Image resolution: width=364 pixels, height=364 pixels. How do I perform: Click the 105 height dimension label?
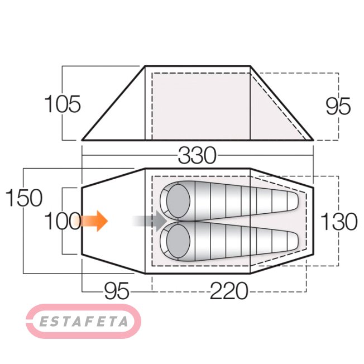[x=62, y=104]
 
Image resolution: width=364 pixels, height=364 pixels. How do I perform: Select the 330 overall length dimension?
[x=197, y=155]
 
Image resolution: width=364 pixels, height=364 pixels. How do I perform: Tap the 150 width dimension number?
[x=24, y=198]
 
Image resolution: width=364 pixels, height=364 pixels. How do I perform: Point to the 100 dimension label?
[x=62, y=221]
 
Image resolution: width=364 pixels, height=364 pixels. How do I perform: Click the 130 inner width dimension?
[x=339, y=222]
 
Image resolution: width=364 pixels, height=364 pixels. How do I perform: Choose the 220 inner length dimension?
[x=229, y=291]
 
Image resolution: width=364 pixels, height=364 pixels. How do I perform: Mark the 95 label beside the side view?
[x=338, y=106]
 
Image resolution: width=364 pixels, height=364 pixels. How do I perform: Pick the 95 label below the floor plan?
[x=117, y=291]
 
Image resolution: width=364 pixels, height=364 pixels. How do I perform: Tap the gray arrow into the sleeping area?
[x=150, y=221]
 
